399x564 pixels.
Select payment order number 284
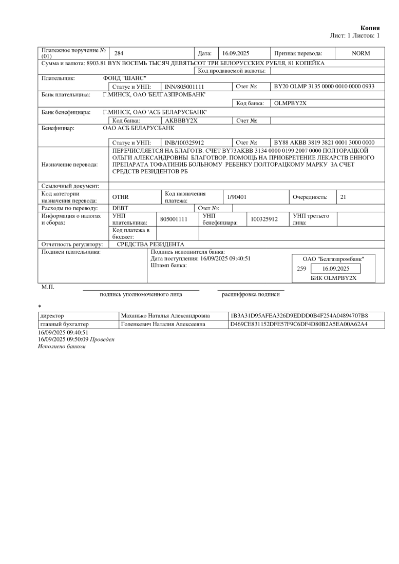[119, 53]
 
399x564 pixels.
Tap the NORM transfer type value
[360, 53]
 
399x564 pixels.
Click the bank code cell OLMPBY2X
[290, 103]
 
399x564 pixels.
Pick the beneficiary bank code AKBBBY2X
[178, 120]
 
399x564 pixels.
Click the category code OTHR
[121, 197]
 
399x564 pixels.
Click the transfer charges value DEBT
[120, 208]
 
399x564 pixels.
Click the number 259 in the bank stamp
[302, 269]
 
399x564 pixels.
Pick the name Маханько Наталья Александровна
[165, 316]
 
